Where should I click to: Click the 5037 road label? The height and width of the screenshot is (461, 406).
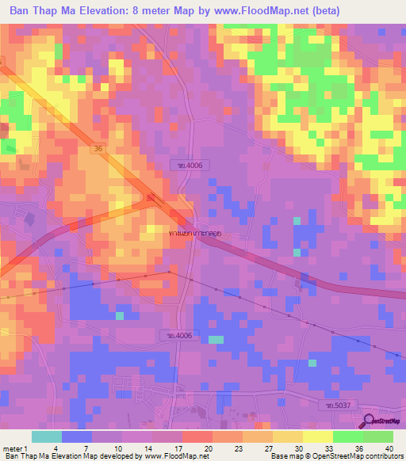pos(335,405)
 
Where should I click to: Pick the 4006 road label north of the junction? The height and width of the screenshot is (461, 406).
pos(180,165)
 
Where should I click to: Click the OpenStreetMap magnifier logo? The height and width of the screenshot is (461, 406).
pos(370,422)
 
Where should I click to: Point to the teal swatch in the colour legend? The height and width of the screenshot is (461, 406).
pos(46,436)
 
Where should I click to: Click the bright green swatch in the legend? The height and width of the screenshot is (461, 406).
pos(347,436)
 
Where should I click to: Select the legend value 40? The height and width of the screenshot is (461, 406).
pos(388,448)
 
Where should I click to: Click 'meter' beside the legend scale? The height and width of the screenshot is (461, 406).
pos(10,448)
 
